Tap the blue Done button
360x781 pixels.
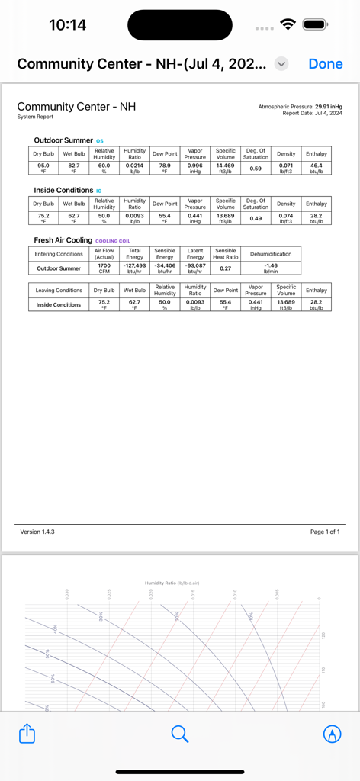click(x=326, y=64)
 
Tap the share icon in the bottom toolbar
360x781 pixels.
click(x=27, y=734)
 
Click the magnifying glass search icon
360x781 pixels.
click(x=180, y=734)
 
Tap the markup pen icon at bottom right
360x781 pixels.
click(x=333, y=734)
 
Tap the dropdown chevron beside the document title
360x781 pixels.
click(x=281, y=64)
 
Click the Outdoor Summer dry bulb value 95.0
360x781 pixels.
click(x=43, y=165)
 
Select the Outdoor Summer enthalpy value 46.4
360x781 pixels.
click(x=316, y=165)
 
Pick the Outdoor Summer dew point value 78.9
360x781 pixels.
click(x=165, y=165)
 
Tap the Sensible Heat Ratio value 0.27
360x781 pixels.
click(x=225, y=268)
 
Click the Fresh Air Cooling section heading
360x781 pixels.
click(x=63, y=240)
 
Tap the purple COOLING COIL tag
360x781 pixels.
click(x=113, y=241)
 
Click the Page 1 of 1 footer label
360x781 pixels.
click(x=325, y=532)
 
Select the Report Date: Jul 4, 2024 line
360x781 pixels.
click(x=312, y=113)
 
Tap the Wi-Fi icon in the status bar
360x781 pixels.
click(x=288, y=24)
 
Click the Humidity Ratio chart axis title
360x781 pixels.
click(x=172, y=583)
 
